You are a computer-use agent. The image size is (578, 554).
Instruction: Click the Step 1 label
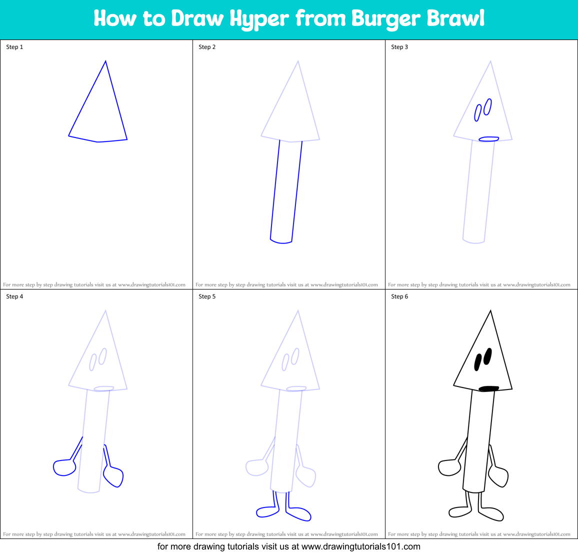coord(14,47)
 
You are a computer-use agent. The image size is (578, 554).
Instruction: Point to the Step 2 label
coord(207,47)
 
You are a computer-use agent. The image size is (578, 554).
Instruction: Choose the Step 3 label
coord(399,47)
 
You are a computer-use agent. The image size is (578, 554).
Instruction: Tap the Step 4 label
coord(14,296)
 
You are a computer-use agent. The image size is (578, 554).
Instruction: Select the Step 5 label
coord(207,296)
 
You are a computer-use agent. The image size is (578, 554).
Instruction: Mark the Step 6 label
coord(399,296)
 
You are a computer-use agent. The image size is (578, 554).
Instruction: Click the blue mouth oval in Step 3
coord(488,139)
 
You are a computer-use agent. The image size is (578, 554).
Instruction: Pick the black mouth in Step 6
coord(488,388)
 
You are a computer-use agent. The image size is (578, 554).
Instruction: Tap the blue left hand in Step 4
coord(63,468)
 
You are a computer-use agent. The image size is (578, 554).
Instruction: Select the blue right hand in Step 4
coord(113,476)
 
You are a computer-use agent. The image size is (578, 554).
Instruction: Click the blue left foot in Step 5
coord(266,511)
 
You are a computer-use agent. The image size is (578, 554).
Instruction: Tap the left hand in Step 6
coord(448,468)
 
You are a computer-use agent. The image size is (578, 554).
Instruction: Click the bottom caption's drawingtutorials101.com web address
coord(361,546)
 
